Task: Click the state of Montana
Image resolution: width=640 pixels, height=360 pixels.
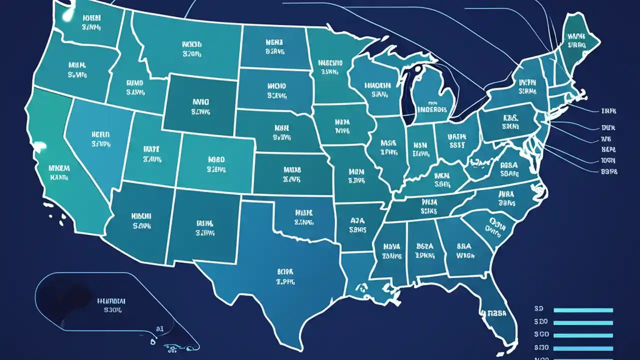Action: (x=190, y=47)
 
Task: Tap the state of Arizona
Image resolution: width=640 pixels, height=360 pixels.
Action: (x=140, y=220)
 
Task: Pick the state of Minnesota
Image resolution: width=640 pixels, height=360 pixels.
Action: (x=330, y=70)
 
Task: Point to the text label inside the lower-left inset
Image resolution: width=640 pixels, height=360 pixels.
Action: (x=111, y=305)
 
